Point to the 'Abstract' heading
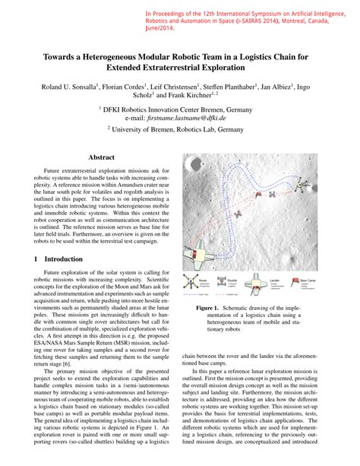101,157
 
